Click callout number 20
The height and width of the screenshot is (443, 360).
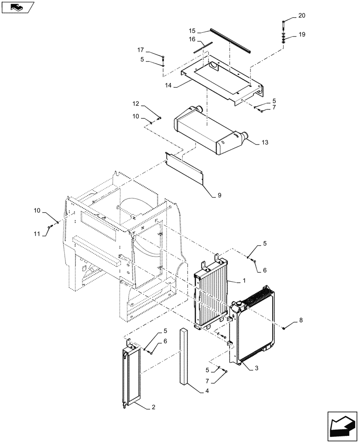click(301, 16)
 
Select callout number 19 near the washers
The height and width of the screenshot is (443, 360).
click(301, 35)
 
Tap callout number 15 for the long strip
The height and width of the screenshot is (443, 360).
click(192, 31)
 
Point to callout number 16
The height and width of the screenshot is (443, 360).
click(192, 39)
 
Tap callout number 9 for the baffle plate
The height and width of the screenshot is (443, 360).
click(219, 194)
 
